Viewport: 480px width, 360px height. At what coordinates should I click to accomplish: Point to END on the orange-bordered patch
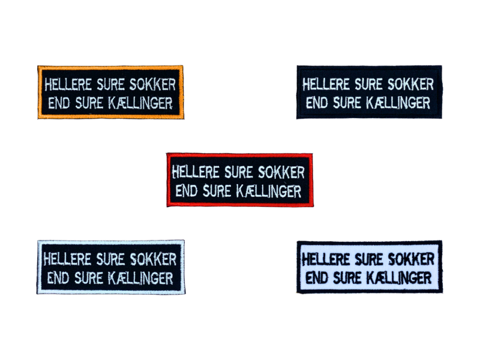pos(58,102)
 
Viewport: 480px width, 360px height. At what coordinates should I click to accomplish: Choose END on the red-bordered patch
pos(186,191)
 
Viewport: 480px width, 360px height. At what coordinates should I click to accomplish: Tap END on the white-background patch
pos(316,278)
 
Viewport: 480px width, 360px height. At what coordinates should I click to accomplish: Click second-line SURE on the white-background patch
pos(350,278)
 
